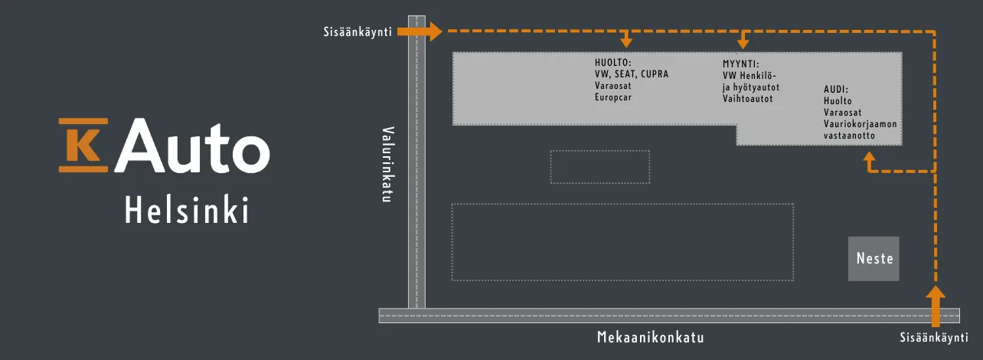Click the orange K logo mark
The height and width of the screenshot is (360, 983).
coord(83,145)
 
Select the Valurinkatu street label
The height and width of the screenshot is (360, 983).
coord(387,164)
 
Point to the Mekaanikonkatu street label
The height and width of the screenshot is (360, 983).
coord(650,338)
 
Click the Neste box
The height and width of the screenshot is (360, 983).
coord(874,258)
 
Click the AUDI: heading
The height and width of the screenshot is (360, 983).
coord(836,89)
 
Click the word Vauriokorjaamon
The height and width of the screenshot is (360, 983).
coord(860,124)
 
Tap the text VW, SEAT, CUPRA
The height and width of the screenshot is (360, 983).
coord(632,75)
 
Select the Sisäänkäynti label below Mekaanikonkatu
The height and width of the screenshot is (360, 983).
coord(933,337)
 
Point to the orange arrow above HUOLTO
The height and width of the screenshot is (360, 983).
coord(626,40)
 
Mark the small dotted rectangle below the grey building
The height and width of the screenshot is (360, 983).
coord(599,167)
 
